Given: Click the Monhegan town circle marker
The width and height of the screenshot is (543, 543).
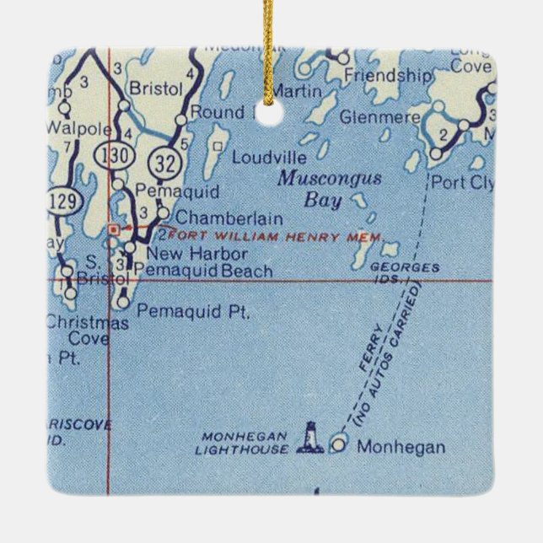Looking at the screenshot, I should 340,443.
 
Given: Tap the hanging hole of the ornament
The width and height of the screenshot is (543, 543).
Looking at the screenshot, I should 271,115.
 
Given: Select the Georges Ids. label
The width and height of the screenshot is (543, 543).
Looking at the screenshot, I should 405,271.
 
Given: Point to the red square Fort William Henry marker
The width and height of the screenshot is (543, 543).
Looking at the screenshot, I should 114,228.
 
